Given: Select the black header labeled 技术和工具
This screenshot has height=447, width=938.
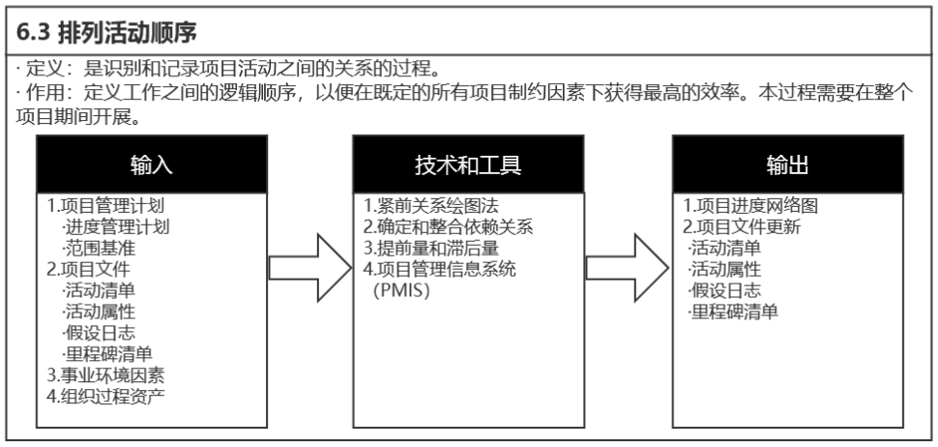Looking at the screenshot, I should point(469,164).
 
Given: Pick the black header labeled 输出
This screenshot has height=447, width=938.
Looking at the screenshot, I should point(787,164).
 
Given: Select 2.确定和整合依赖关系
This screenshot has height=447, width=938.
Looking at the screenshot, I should point(448,227).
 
